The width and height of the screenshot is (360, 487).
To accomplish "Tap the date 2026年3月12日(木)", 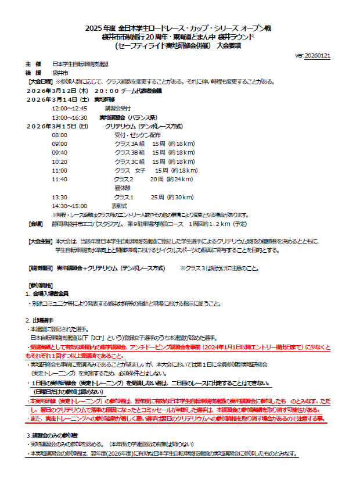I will point(57,91).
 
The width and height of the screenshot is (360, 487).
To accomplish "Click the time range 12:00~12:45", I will point(69,108).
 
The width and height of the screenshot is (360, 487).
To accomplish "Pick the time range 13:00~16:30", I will point(69,117).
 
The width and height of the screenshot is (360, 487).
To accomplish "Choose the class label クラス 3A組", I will point(129,144).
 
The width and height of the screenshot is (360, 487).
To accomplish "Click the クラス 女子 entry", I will point(129,170).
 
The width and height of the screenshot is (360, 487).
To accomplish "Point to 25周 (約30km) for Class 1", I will point(172,197).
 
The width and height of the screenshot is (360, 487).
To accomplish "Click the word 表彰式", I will point(120,206).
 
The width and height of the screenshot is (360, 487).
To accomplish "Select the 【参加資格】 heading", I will point(40,285).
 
